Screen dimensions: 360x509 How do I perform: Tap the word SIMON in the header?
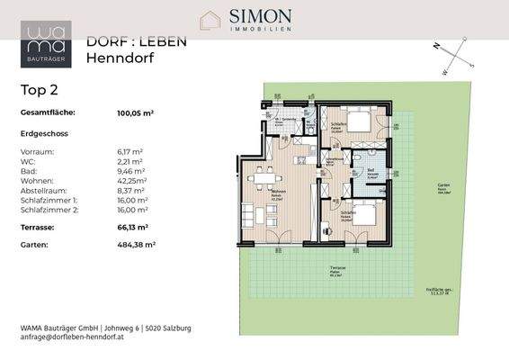(x=262, y=17)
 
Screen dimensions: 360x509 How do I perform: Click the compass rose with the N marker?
(x=455, y=58)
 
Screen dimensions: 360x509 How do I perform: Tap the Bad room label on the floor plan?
(x=371, y=169)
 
